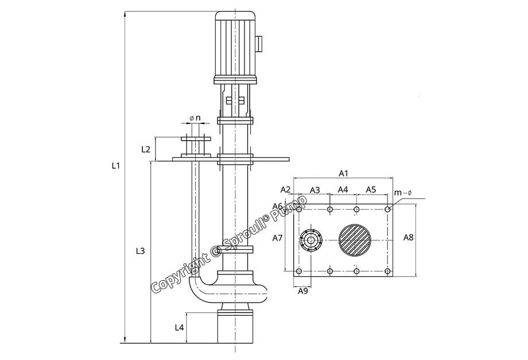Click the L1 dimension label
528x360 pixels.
(115, 165)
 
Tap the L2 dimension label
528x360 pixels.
(146, 149)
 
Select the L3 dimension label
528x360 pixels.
(140, 251)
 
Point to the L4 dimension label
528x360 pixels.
(179, 327)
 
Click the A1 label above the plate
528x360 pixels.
(344, 172)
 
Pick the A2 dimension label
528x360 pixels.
(285, 189)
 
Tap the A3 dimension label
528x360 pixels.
(315, 189)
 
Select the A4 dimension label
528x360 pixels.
(343, 189)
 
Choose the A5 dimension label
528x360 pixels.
(371, 189)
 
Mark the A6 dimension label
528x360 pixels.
(277, 206)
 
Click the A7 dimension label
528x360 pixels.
(278, 237)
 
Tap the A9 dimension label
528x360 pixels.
(303, 291)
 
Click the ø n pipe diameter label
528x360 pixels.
(195, 118)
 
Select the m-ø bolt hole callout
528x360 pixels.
(403, 193)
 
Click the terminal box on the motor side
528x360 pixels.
(259, 43)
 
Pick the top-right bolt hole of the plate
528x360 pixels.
(388, 210)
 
